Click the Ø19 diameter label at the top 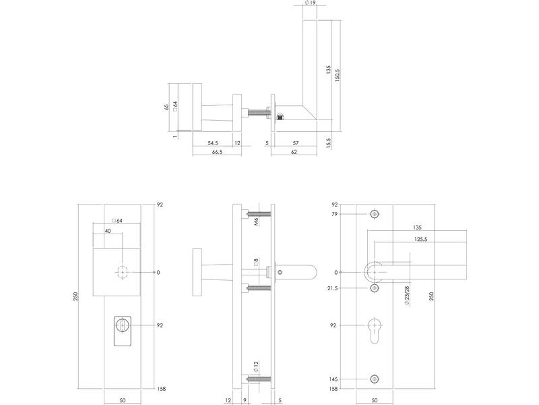pyautogui.click(x=310, y=3)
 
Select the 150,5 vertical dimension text pyautogui.click(x=338, y=75)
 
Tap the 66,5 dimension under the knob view pyautogui.click(x=217, y=152)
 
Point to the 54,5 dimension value pyautogui.click(x=213, y=143)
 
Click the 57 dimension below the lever pyautogui.click(x=296, y=143)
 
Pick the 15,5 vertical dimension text pyautogui.click(x=328, y=143)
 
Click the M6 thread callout pyautogui.click(x=256, y=221)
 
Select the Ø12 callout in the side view pyautogui.click(x=256, y=367)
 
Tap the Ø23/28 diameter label pyautogui.click(x=407, y=296)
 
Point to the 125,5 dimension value pyautogui.click(x=420, y=240)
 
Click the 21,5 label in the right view pyautogui.click(x=332, y=288)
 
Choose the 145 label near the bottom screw pyautogui.click(x=333, y=379)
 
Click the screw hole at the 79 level pyautogui.click(x=375, y=214)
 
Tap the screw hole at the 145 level pyautogui.click(x=375, y=379)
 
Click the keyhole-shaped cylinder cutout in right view pyautogui.click(x=375, y=331)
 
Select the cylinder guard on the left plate pyautogui.click(x=123, y=331)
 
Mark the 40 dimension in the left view pyautogui.click(x=108, y=231)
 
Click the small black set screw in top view pyautogui.click(x=280, y=117)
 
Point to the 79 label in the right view pyautogui.click(x=335, y=214)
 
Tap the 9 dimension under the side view pyautogui.click(x=245, y=400)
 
